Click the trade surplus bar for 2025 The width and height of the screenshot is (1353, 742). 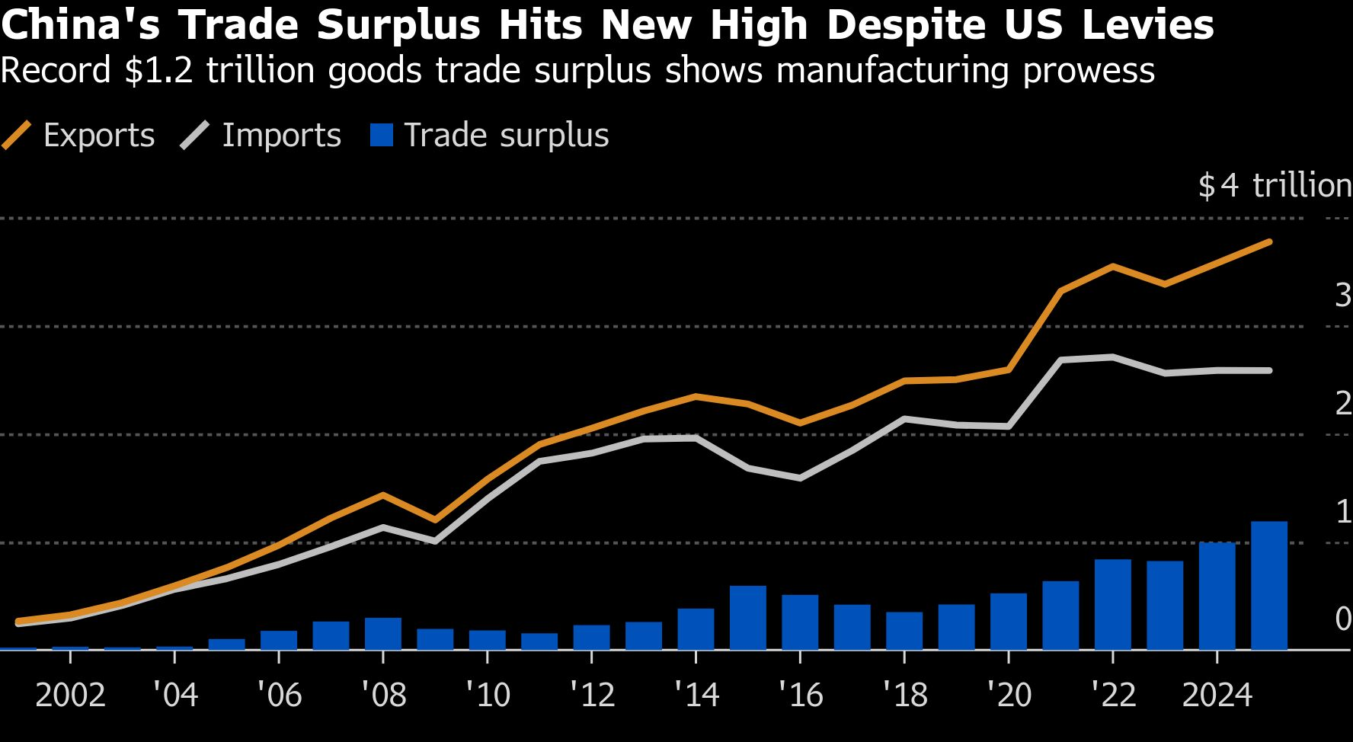click(x=1269, y=585)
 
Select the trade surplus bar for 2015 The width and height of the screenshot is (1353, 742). click(x=748, y=617)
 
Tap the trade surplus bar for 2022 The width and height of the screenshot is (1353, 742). click(x=1113, y=604)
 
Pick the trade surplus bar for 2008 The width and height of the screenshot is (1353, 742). click(x=383, y=633)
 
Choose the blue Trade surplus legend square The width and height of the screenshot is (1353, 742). click(x=381, y=136)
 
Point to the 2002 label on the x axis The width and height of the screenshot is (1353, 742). click(x=70, y=695)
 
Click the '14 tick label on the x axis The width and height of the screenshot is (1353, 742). click(x=696, y=695)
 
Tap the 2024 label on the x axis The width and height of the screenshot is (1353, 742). click(x=1217, y=695)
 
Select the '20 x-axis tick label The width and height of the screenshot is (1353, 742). click(x=1009, y=695)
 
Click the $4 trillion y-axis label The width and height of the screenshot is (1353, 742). click(x=1275, y=186)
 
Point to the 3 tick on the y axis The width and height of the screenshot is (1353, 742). click(x=1343, y=295)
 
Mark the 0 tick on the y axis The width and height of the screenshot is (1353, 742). click(x=1343, y=619)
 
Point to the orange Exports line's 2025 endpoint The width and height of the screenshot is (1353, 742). click(x=1269, y=242)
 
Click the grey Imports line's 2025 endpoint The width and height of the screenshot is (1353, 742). click(x=1269, y=371)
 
